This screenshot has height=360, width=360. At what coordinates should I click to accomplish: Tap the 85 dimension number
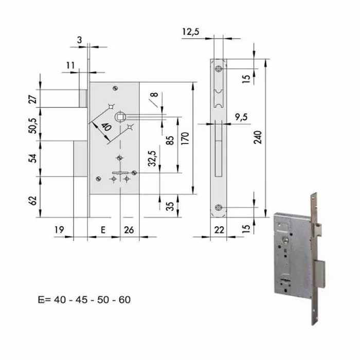click(x=170, y=140)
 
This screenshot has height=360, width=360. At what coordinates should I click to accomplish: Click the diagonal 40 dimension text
click(x=106, y=127)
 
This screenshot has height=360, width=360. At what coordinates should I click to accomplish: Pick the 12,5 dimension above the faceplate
click(x=190, y=32)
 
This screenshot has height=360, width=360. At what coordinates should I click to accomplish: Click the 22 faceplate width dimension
click(x=220, y=231)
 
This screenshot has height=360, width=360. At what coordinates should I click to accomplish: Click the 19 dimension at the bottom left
click(x=59, y=231)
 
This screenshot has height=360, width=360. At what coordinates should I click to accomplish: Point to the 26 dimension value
click(x=130, y=231)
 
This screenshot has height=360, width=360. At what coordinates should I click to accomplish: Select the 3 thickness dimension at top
click(x=80, y=40)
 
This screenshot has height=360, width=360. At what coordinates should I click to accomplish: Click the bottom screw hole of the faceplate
click(x=220, y=207)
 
